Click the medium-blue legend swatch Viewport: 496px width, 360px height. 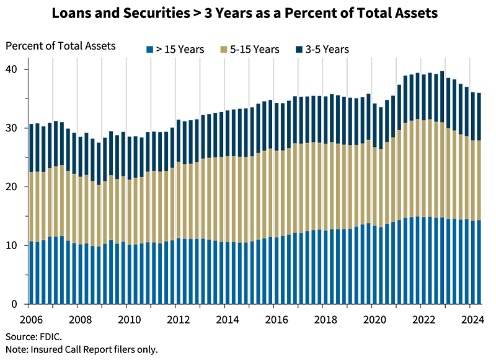pyautogui.click(x=144, y=45)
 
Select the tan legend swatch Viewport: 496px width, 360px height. pyautogui.click(x=221, y=45)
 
